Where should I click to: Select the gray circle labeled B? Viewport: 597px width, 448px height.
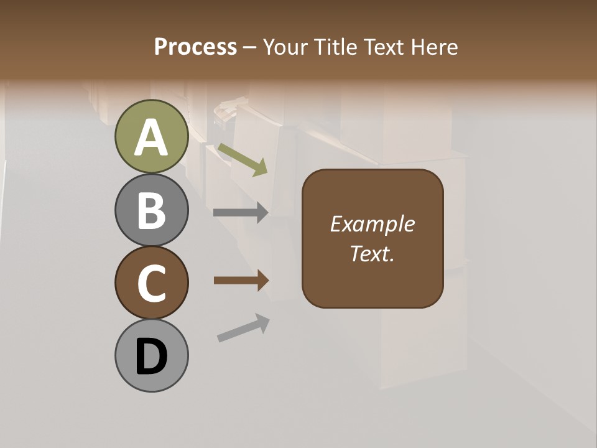click(151, 210)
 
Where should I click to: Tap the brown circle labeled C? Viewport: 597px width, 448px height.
click(151, 283)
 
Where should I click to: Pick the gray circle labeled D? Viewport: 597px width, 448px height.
click(151, 355)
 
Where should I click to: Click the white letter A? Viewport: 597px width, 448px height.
click(151, 138)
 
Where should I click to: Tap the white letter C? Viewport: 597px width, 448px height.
click(151, 284)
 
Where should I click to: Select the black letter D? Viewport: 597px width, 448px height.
click(151, 357)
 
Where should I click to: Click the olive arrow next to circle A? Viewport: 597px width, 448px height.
click(243, 160)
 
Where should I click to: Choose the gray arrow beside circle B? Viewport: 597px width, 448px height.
click(241, 212)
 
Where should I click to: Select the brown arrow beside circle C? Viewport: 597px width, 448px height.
click(241, 281)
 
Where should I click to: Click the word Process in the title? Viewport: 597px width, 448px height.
click(195, 47)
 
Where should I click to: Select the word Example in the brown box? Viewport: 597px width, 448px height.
click(372, 224)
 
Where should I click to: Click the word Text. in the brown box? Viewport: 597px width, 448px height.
click(372, 253)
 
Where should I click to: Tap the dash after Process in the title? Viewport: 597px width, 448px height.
click(249, 47)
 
